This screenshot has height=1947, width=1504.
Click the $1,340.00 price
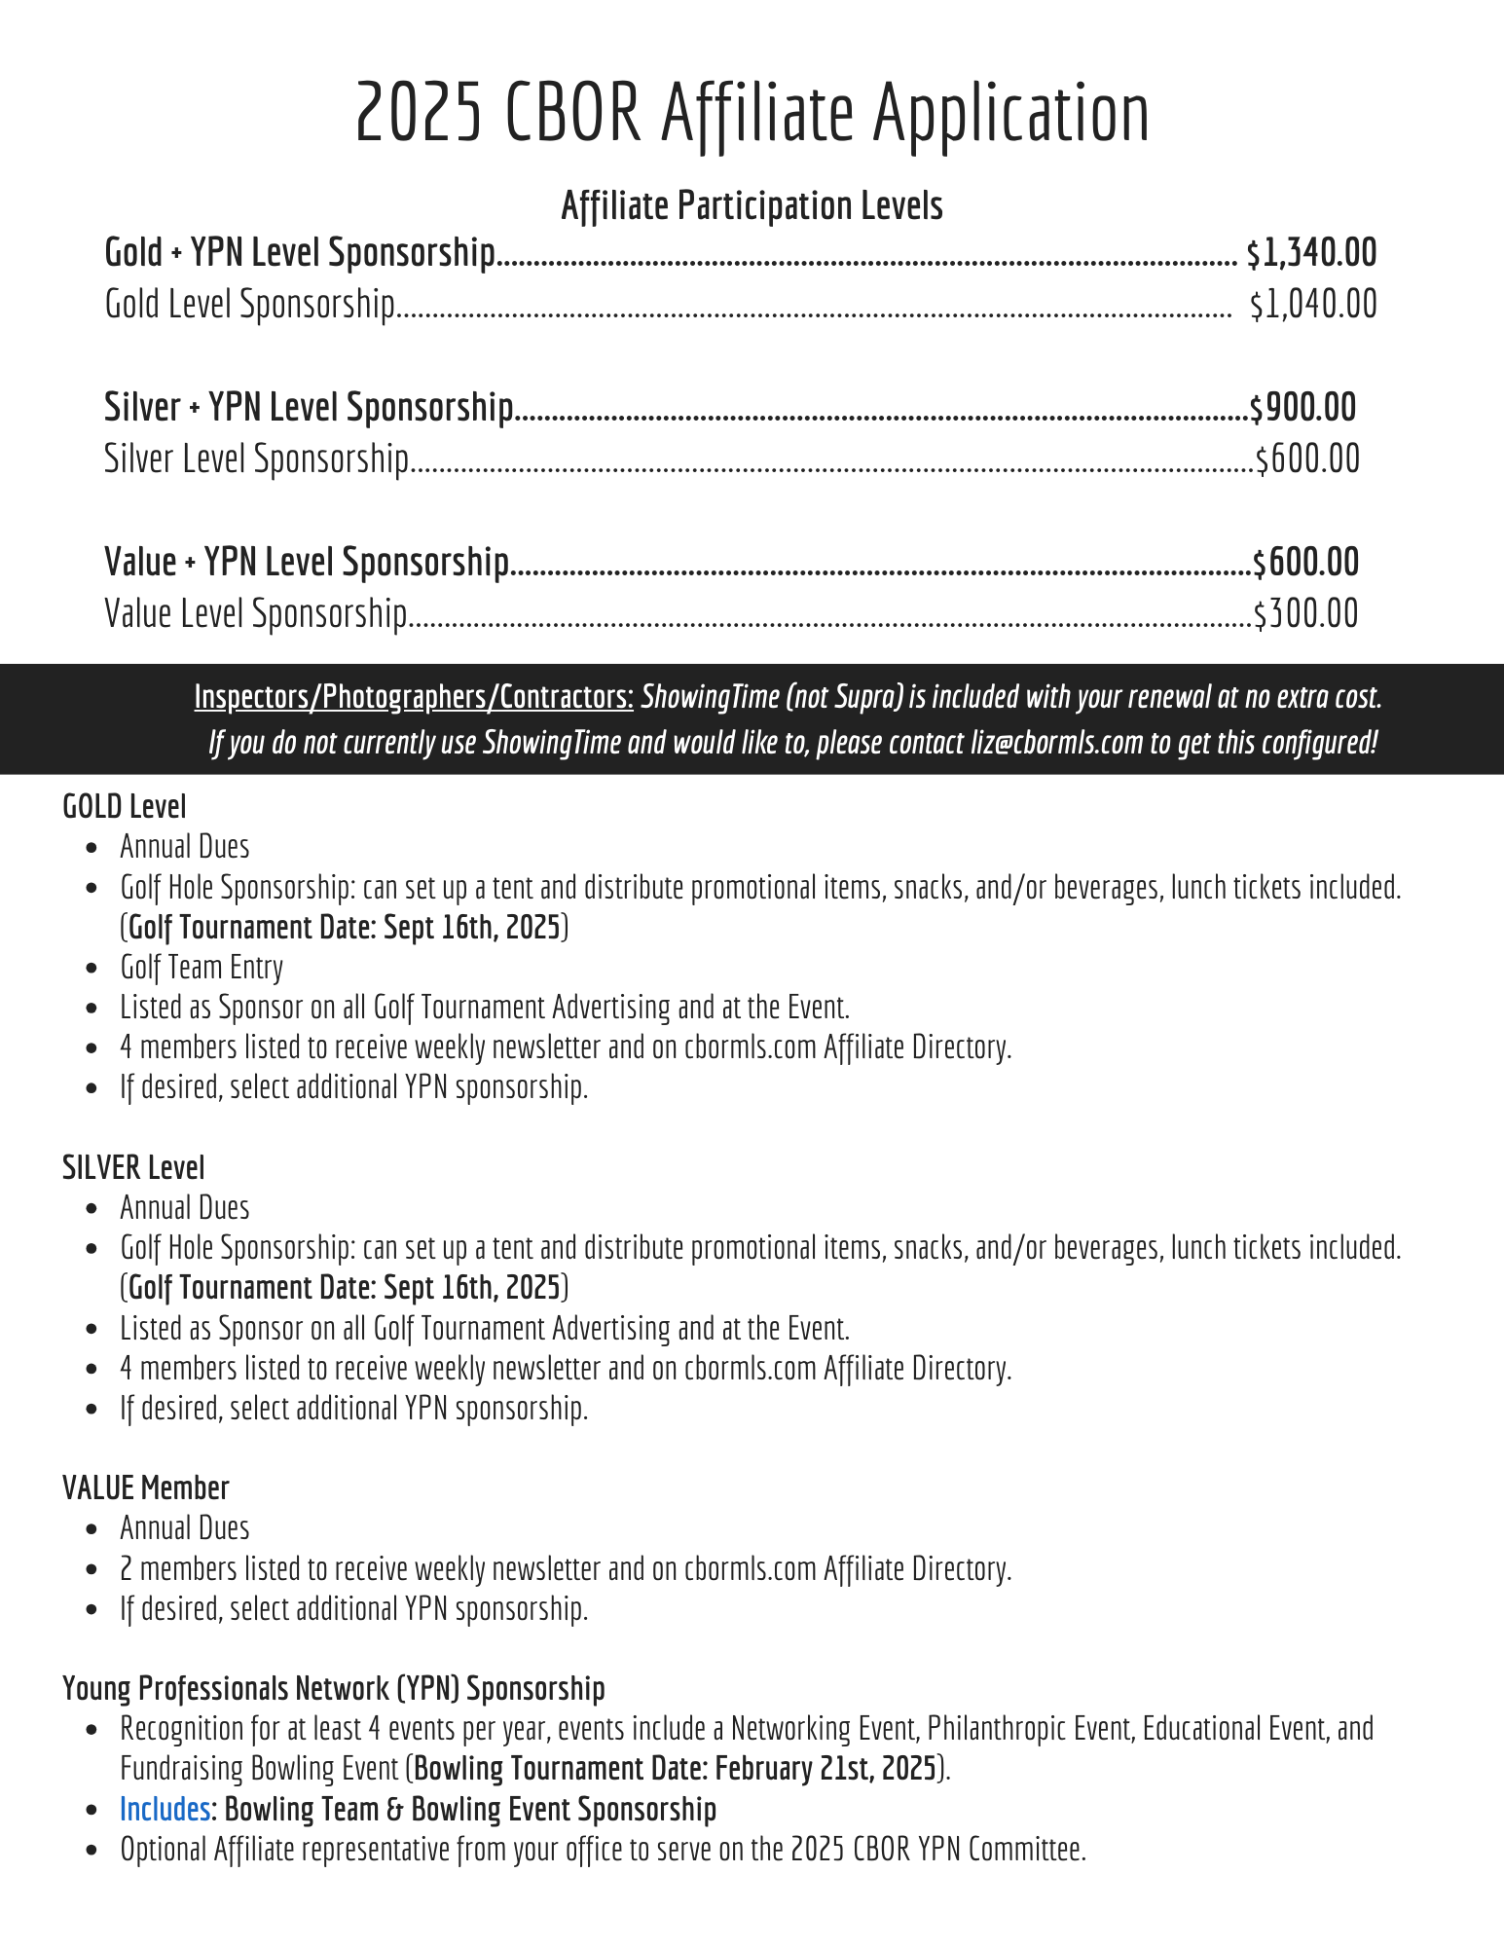pyautogui.click(x=1311, y=253)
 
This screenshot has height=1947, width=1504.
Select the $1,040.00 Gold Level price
pyautogui.click(x=1313, y=305)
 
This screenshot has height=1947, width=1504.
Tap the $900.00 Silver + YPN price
pyautogui.click(x=1302, y=408)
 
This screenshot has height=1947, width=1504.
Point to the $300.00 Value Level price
pyautogui.click(x=1305, y=614)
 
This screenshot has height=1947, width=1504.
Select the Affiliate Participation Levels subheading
pyautogui.click(x=752, y=205)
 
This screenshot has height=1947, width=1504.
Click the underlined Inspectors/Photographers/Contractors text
pyautogui.click(x=414, y=697)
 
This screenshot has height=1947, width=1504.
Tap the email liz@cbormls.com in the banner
pyautogui.click(x=1056, y=743)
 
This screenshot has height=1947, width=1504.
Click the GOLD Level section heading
pyautogui.click(x=124, y=806)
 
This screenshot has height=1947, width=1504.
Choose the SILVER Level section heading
pyautogui.click(x=133, y=1167)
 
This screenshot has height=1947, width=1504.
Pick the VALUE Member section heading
pyautogui.click(x=145, y=1488)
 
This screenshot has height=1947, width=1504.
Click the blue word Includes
pyautogui.click(x=165, y=1809)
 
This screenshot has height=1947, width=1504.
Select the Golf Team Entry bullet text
pyautogui.click(x=202, y=967)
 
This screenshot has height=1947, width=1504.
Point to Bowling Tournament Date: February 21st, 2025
pyautogui.click(x=675, y=1768)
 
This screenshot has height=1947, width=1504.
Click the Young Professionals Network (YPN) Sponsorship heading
pyautogui.click(x=333, y=1688)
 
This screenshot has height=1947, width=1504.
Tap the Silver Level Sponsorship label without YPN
pyautogui.click(x=256, y=459)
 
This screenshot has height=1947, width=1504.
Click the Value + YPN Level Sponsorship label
pyautogui.click(x=306, y=563)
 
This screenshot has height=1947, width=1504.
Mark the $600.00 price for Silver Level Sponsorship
pyautogui.click(x=1307, y=459)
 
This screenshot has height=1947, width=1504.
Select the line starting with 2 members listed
pyautogui.click(x=565, y=1568)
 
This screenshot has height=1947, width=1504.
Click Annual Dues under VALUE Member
pyautogui.click(x=185, y=1528)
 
